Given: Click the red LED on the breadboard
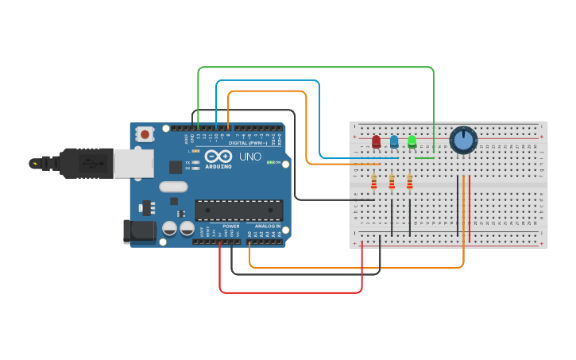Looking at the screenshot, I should pos(376,142).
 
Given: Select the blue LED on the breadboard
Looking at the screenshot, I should pos(394,141).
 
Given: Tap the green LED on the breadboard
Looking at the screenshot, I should pos(412,141).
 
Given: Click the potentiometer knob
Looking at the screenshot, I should pos(463,141).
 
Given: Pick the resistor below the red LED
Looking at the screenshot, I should pos(374,184).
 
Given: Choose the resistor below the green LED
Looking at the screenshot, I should pos(410,184).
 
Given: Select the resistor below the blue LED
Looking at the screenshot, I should pos(392,184).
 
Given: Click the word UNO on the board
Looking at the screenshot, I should pos(250,157).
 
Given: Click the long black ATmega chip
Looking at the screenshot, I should pos(239,210).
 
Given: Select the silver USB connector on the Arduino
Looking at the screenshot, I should pos(133,164).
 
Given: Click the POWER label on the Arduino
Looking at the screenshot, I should pos(231,226).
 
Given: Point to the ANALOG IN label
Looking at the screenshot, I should pos(267,226).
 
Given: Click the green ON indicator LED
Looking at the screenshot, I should pos(270,162).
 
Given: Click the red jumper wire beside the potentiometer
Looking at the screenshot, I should pos(470,199).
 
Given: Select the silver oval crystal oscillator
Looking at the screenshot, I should pos(172,187).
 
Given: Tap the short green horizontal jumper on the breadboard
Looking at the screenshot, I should pos(424,157).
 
